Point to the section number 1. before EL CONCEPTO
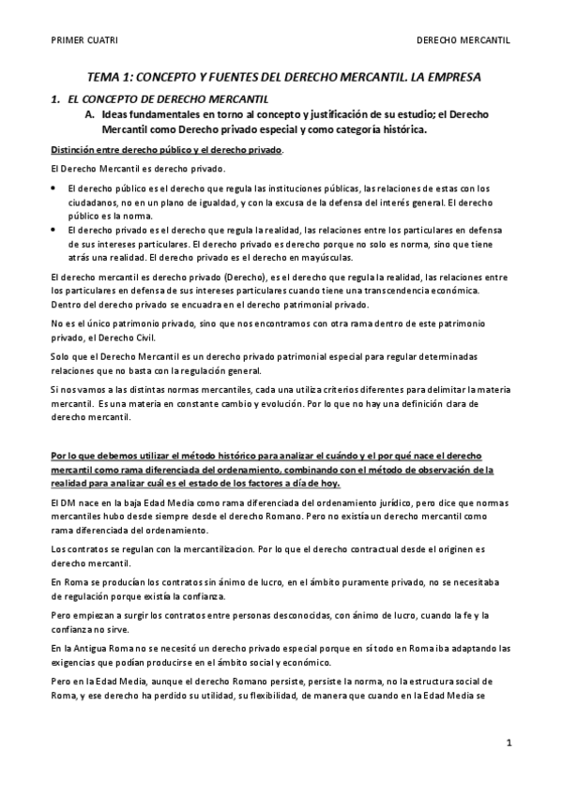55,98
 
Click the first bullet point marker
53,189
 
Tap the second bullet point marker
53,229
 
